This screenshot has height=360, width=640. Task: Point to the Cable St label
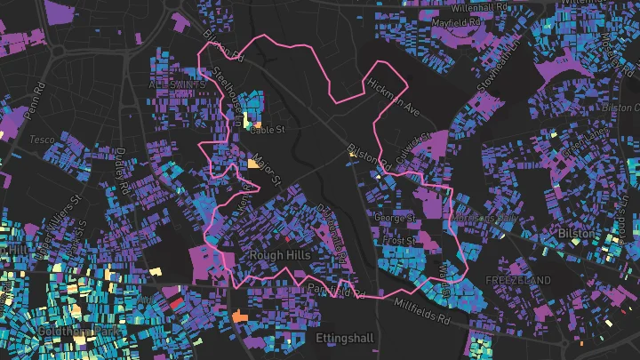[x=267, y=130]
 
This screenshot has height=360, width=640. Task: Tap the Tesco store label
[x=42, y=140]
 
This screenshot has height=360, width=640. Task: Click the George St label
[x=395, y=217]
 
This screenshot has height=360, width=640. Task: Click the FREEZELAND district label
[x=518, y=280]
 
